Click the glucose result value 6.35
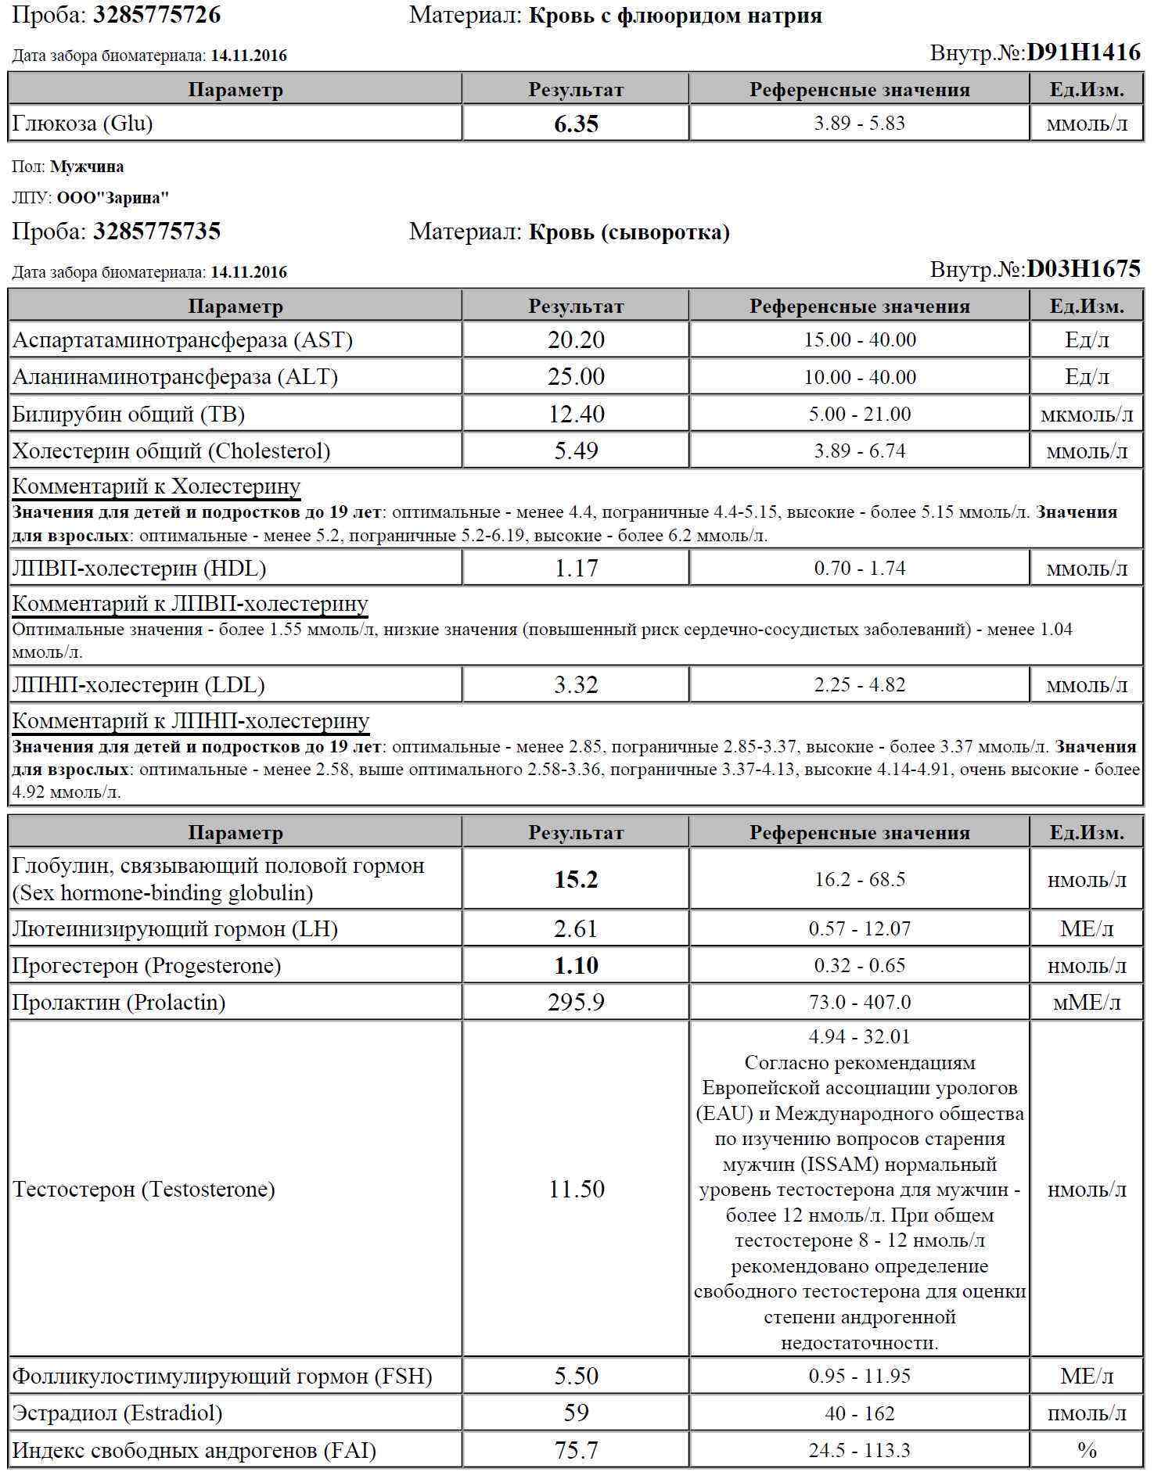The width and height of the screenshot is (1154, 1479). coord(576,124)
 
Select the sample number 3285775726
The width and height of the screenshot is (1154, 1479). coord(156,15)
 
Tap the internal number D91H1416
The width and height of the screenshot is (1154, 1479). coord(1083,52)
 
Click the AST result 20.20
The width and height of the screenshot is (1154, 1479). coord(576,340)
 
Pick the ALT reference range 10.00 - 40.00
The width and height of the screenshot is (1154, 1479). coord(859,378)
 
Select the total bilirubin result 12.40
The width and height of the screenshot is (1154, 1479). coord(576,414)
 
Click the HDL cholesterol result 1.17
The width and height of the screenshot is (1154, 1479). coord(576,569)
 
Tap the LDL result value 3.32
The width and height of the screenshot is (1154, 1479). coord(576,685)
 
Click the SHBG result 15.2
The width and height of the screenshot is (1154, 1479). coord(576,880)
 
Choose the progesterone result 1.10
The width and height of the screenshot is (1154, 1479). coord(576,966)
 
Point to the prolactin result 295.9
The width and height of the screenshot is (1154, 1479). coord(576,1003)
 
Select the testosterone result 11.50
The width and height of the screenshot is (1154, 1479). coord(576,1190)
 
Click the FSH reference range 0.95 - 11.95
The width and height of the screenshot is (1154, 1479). coord(859,1376)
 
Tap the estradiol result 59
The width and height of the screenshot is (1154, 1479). coord(576,1413)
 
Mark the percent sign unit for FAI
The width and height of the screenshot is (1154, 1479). coord(1087,1451)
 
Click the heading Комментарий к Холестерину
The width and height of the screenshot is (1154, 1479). coord(156,486)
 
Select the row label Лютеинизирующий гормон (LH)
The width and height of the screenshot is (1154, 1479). coord(175,929)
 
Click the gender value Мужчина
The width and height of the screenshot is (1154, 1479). coord(87,167)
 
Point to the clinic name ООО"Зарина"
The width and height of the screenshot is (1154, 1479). coord(113,198)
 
